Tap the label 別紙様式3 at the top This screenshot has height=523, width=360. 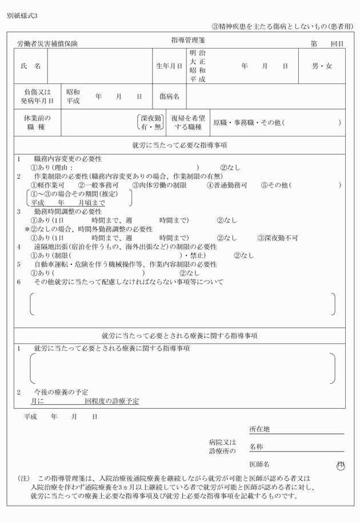click(22, 15)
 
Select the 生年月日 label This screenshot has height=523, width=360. click(169, 66)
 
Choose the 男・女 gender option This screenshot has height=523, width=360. click(322, 66)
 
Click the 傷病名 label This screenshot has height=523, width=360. click(169, 96)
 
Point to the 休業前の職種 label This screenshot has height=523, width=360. click(37, 122)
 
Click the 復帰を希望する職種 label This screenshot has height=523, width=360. click(187, 122)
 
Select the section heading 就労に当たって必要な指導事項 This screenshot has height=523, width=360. click(179, 146)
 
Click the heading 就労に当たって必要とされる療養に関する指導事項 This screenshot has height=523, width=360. click(179, 336)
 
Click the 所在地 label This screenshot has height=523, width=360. click(259, 429)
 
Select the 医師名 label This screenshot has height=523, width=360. click(259, 464)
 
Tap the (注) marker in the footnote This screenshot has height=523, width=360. click(24, 477)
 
